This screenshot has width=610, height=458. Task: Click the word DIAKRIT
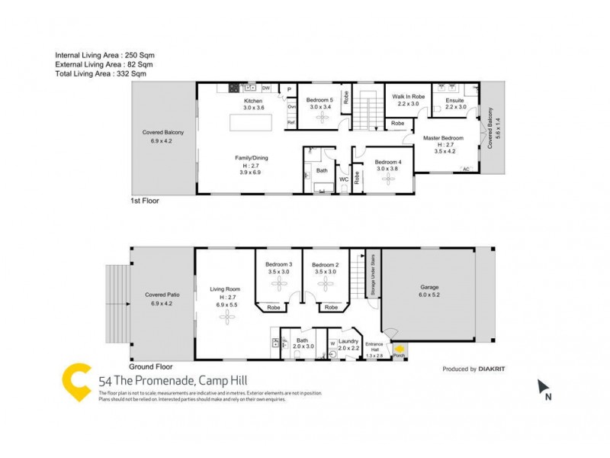493,369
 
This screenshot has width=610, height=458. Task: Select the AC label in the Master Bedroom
466,169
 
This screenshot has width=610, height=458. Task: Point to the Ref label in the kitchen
291,123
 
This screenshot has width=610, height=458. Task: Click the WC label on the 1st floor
344,179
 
